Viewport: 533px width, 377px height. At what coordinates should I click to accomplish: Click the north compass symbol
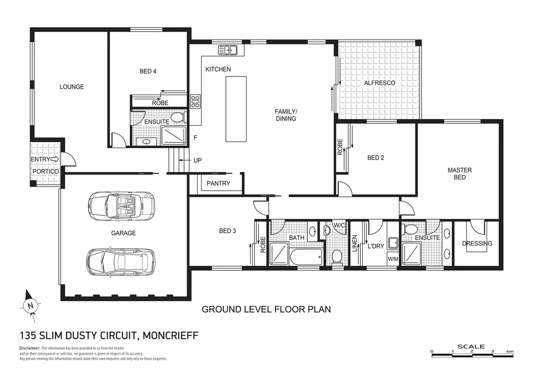click(30, 306)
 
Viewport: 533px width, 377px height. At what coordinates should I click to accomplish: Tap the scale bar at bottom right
click(472, 355)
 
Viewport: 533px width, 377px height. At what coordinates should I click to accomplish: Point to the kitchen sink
click(227, 50)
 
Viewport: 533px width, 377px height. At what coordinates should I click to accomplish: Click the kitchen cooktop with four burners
click(195, 101)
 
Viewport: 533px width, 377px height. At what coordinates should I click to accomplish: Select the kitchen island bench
click(236, 109)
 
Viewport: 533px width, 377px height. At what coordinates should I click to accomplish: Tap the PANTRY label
click(218, 183)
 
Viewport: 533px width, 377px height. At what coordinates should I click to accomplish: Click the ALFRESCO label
click(380, 83)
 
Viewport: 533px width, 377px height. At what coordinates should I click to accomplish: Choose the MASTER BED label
click(459, 173)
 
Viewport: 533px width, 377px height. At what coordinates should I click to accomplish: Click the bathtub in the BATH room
click(306, 257)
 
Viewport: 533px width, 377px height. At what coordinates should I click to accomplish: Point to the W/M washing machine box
click(393, 259)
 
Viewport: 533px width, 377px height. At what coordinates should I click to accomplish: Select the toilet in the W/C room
click(337, 257)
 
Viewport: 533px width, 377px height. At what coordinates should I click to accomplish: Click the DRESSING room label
click(477, 243)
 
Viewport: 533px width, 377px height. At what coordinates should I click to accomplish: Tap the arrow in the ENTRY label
click(55, 159)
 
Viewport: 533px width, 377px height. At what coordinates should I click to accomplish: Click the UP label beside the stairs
click(197, 160)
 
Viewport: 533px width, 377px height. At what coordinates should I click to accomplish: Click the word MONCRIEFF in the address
click(171, 335)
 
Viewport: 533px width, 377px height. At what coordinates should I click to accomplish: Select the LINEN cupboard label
click(355, 243)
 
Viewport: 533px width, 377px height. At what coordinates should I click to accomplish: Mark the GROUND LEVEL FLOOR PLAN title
click(266, 309)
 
